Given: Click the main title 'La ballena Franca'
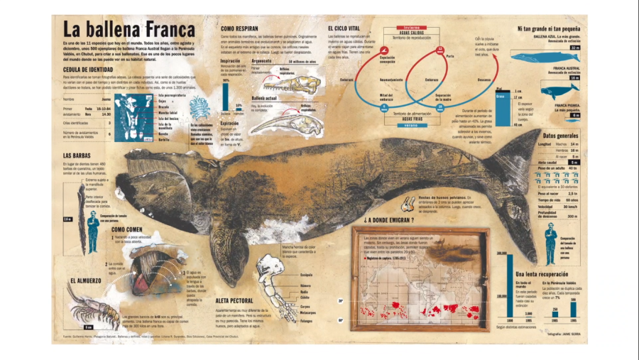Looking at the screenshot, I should point(129,30).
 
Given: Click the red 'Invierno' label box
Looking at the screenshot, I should point(401,27).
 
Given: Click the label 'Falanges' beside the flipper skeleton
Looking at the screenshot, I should point(307,320).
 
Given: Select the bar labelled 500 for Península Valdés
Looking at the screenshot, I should point(572,310).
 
